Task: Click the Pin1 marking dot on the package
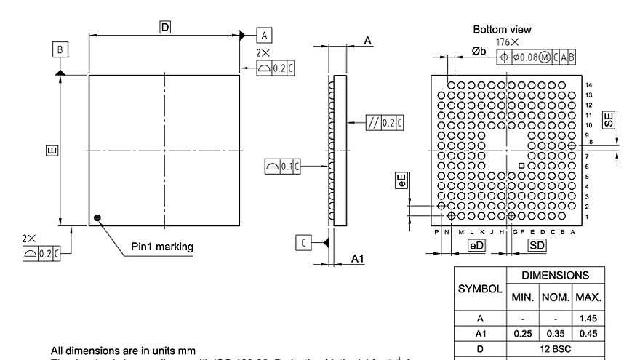[97, 217]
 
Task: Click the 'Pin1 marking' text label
[162, 247]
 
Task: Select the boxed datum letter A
[264, 35]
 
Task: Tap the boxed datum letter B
[60, 49]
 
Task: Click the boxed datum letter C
[304, 242]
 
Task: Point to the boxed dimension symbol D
[165, 28]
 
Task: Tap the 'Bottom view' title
[502, 30]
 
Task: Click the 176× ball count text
[508, 42]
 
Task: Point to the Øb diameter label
[479, 52]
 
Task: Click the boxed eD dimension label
[476, 246]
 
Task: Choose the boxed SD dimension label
[537, 246]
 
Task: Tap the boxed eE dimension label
[401, 181]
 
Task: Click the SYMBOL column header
[480, 289]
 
